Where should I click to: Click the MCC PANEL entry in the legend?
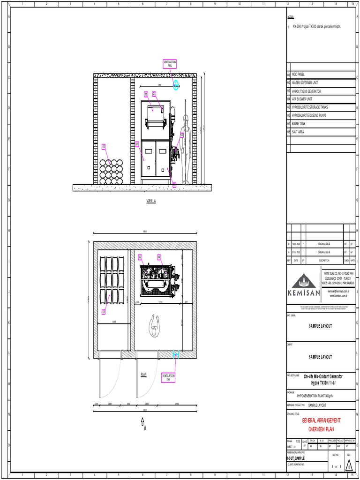[x=298, y=75]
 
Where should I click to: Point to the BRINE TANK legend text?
[x=299, y=124]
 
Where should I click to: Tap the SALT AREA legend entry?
[x=298, y=132]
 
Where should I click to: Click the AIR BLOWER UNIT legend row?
[x=302, y=99]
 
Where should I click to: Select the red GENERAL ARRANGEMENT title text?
[x=321, y=421]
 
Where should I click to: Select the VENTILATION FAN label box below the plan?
[x=168, y=377]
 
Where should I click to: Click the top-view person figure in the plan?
[x=153, y=325]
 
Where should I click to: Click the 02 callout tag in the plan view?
[x=140, y=257]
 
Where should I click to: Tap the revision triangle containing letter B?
[x=348, y=467]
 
